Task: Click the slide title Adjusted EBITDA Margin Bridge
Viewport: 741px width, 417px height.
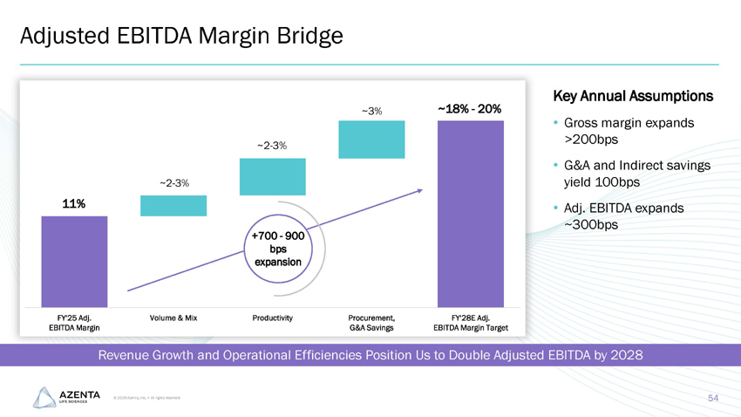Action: pyautogui.click(x=181, y=36)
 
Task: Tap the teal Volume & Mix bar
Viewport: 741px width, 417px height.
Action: pyautogui.click(x=173, y=205)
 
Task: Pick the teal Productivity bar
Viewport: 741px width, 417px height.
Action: pyautogui.click(x=273, y=176)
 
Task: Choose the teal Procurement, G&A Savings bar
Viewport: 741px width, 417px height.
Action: pyautogui.click(x=371, y=140)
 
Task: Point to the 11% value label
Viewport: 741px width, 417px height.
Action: pyautogui.click(x=73, y=203)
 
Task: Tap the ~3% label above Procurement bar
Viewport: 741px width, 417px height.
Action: pyautogui.click(x=371, y=111)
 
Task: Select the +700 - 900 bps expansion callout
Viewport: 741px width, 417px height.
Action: pyautogui.click(x=275, y=248)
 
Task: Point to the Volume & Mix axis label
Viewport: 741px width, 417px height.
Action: pyautogui.click(x=173, y=318)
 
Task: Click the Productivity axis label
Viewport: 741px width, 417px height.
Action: pyautogui.click(x=272, y=318)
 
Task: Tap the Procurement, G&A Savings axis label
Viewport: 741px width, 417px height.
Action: pyautogui.click(x=371, y=323)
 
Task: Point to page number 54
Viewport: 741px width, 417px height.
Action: pyautogui.click(x=713, y=398)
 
